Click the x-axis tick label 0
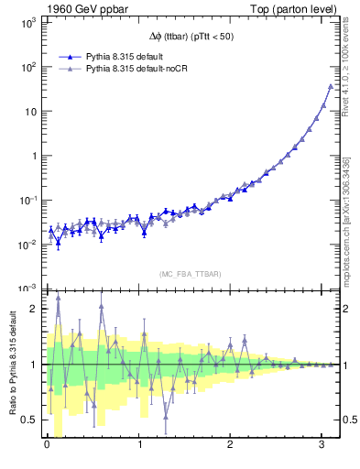47,444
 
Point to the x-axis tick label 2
232,444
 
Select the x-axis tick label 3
324,444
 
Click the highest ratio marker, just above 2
58,297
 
